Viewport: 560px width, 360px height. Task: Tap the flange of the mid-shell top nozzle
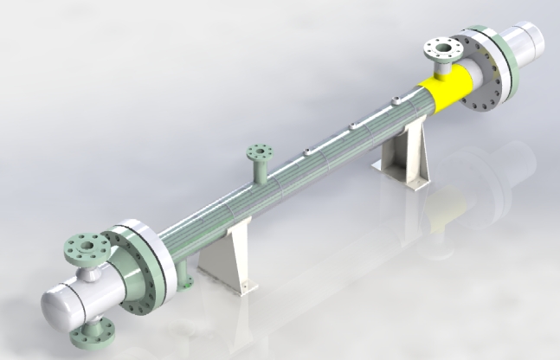(x=258, y=154)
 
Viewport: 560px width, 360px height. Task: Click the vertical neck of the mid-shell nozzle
(x=259, y=171)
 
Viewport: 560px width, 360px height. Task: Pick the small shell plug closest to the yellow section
(x=395, y=103)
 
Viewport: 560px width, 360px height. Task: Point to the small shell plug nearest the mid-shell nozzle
(x=307, y=154)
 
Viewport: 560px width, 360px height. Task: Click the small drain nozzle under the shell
(x=184, y=279)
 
